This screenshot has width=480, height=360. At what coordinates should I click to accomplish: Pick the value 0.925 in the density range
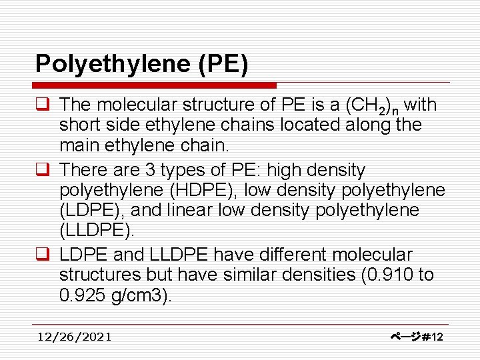pyautogui.click(x=82, y=295)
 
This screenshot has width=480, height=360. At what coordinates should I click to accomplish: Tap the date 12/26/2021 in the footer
pyautogui.click(x=74, y=337)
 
